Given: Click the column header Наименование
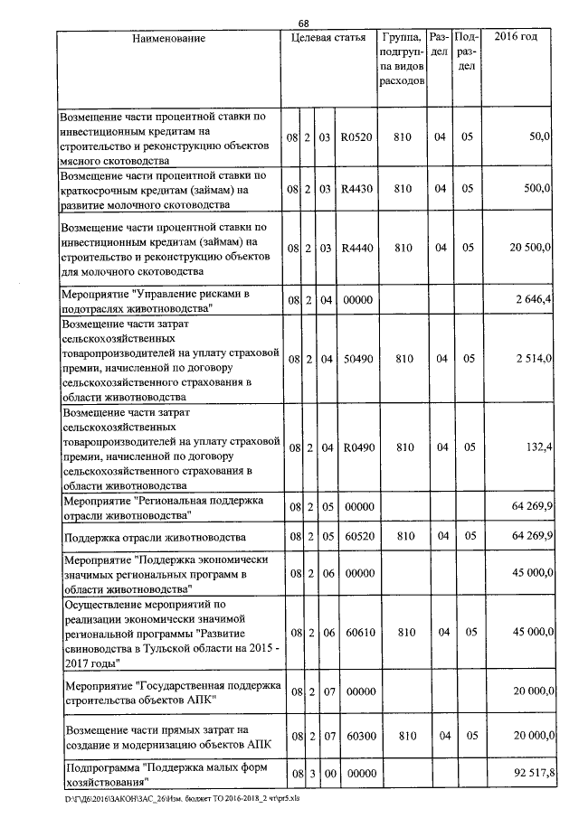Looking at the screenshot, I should [x=169, y=38].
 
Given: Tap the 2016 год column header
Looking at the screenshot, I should [x=517, y=38].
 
